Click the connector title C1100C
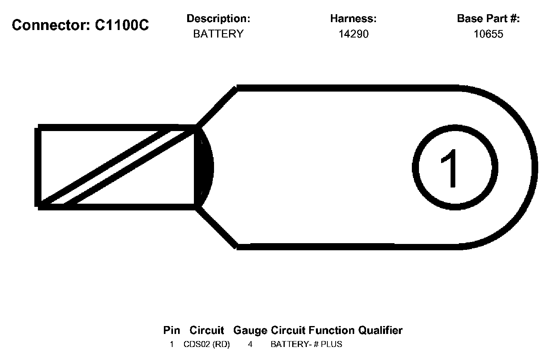(122, 25)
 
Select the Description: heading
(218, 19)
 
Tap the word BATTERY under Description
(218, 34)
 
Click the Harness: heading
(353, 19)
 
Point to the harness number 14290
(353, 34)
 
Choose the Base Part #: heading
(488, 19)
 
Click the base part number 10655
(488, 34)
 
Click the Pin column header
(171, 330)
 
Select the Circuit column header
(207, 330)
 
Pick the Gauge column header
(250, 330)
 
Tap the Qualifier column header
(380, 330)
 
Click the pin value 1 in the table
(172, 344)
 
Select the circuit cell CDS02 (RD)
(207, 344)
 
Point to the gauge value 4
(250, 344)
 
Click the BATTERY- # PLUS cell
(306, 344)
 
